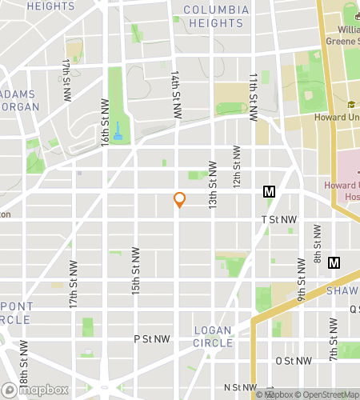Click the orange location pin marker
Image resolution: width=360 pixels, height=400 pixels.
click(x=179, y=200)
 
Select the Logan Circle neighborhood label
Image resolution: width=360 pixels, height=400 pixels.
click(x=212, y=336)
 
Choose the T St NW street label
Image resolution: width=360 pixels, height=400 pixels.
click(x=278, y=218)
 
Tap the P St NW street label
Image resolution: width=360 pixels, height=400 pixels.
click(x=153, y=338)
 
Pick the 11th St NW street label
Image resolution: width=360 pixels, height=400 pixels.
click(x=253, y=96)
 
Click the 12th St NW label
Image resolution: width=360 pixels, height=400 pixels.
click(x=237, y=168)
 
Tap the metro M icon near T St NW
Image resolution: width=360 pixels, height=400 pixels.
click(x=269, y=192)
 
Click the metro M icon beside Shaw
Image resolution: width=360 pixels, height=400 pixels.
click(x=334, y=262)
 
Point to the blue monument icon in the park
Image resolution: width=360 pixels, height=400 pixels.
click(x=118, y=130)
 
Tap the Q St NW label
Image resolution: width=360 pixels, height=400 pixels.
click(x=353, y=309)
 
